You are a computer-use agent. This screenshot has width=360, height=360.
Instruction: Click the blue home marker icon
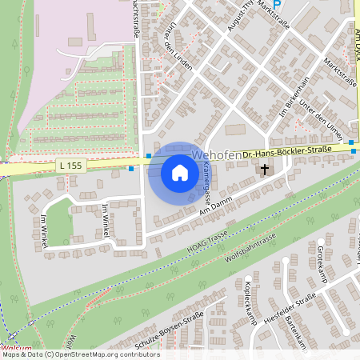click(180, 172)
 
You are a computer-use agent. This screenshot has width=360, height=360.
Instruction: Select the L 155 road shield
click(71, 166)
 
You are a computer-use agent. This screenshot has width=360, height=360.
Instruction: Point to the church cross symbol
click(264, 170)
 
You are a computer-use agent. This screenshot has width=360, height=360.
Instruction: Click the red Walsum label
click(16, 349)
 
